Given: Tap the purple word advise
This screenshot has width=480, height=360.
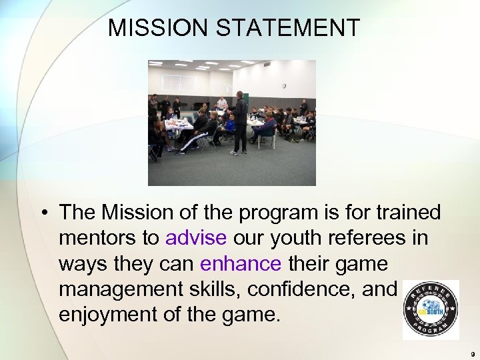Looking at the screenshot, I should [196, 239].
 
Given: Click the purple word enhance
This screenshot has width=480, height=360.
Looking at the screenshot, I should [240, 263].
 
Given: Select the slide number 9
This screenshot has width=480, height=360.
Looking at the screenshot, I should [472, 353].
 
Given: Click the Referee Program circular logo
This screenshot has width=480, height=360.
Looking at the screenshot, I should [430, 310].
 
